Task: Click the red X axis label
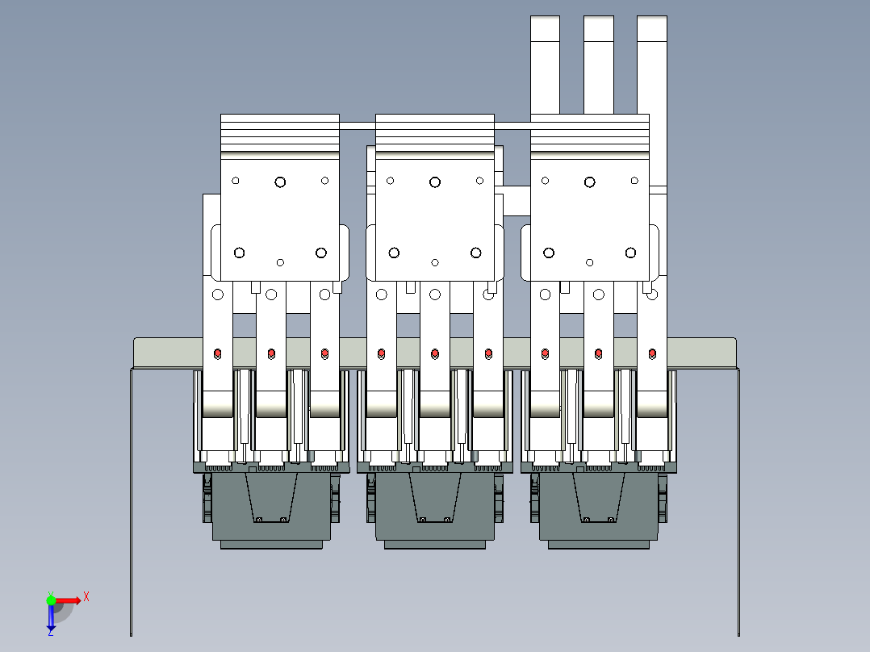[86, 596]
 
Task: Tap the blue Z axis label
[50, 633]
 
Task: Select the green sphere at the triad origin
[51, 600]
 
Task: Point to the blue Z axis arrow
[50, 617]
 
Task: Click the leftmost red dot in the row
[217, 353]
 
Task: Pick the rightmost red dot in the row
[652, 353]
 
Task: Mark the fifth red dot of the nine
[435, 353]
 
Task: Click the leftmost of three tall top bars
[545, 65]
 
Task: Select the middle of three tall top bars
[598, 65]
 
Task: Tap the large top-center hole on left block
[280, 182]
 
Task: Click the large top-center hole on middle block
[435, 182]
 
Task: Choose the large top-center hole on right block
[590, 182]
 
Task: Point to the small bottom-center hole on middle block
[435, 262]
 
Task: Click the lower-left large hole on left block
[239, 253]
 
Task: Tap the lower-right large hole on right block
[631, 253]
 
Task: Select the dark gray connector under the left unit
[271, 508]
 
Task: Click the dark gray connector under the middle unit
[435, 508]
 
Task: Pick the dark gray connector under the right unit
[599, 508]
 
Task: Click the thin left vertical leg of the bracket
[131, 500]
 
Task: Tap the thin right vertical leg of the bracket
[738, 500]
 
